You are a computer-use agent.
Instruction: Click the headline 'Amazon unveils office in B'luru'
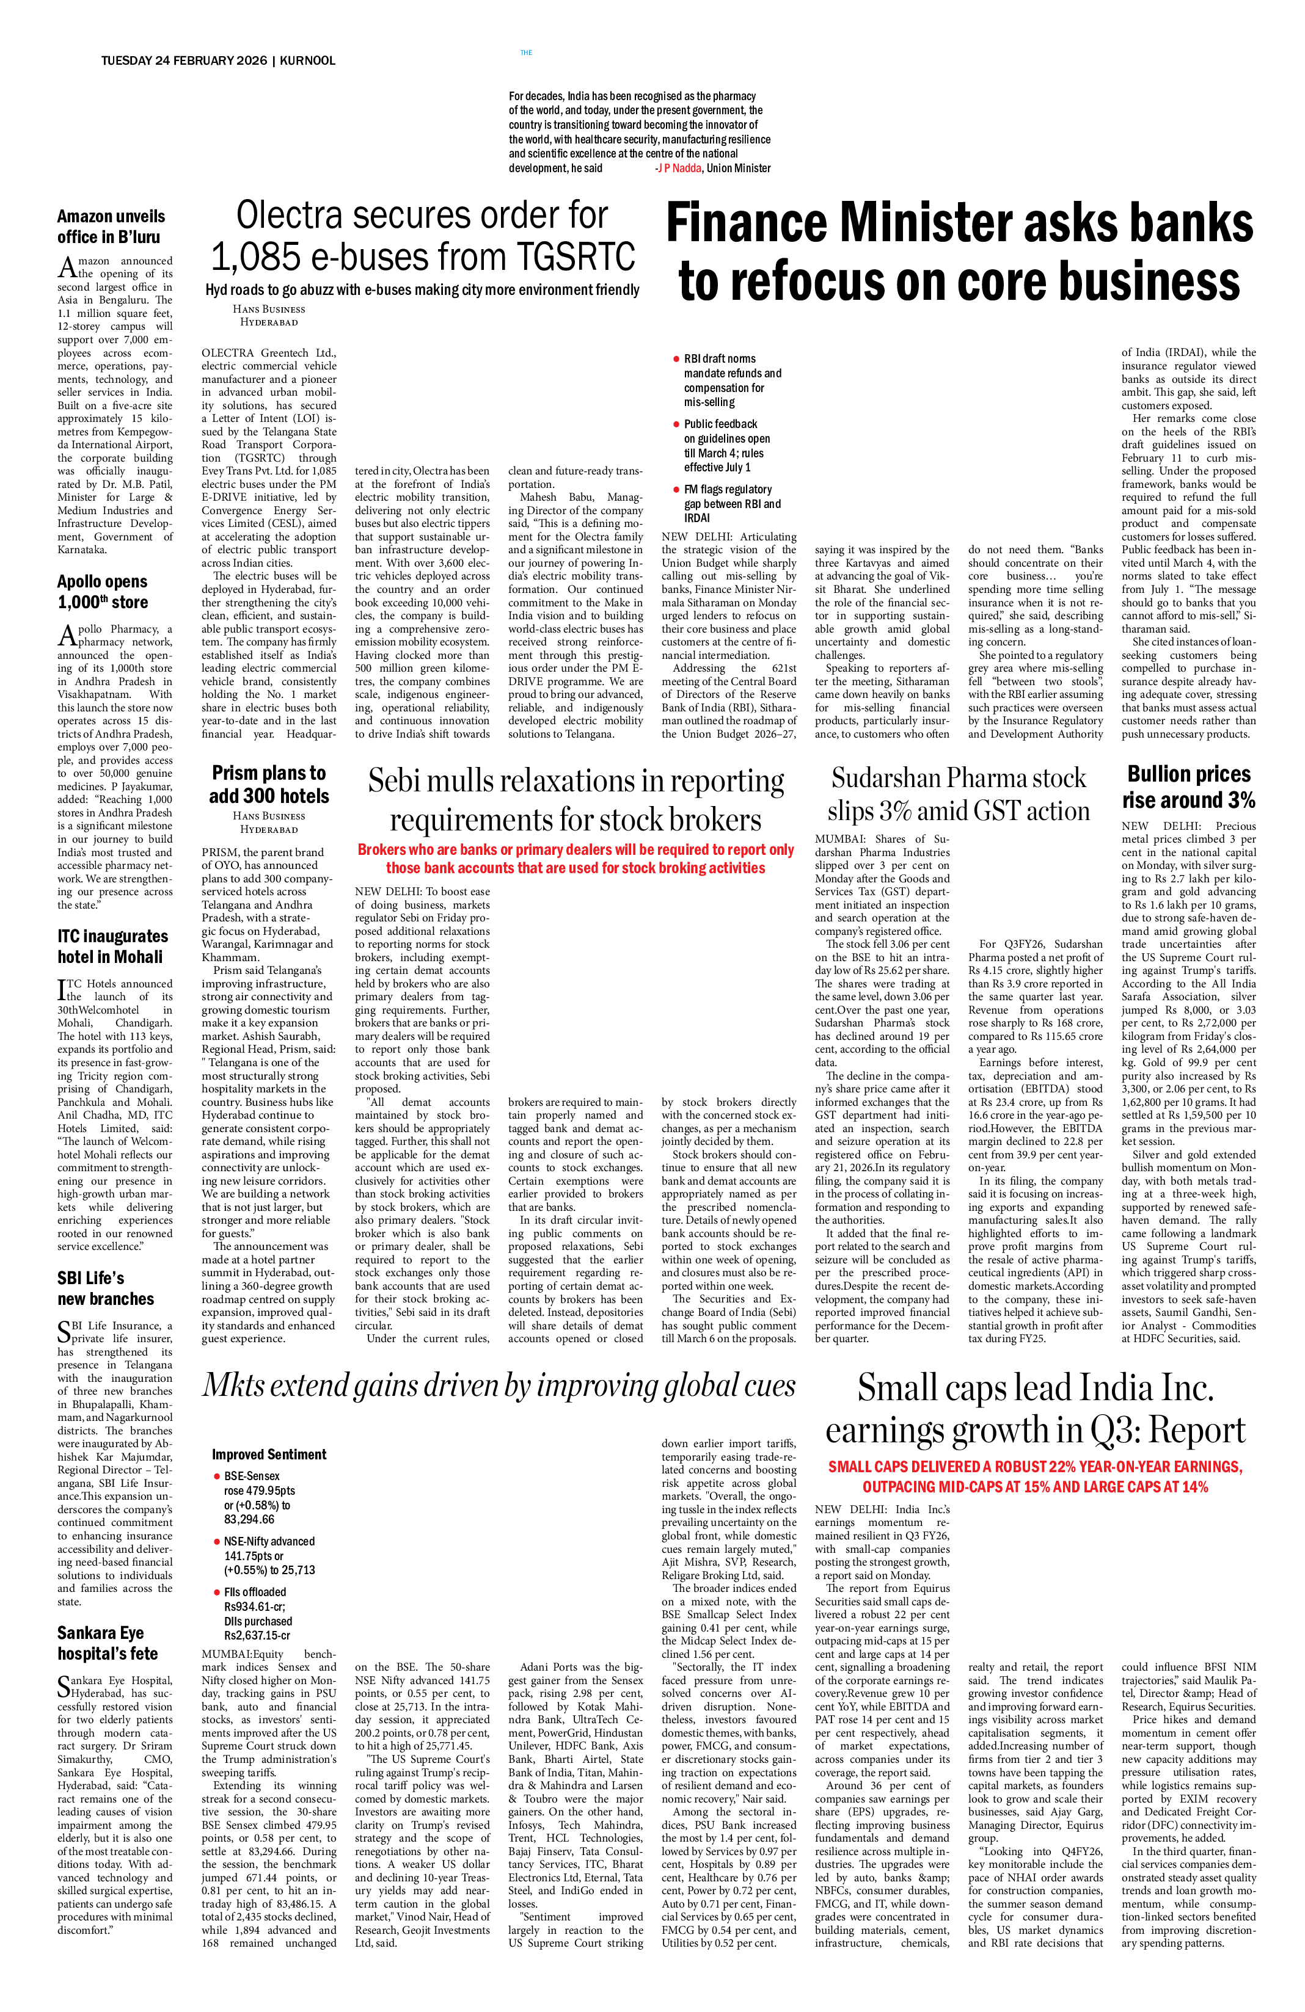[110, 227]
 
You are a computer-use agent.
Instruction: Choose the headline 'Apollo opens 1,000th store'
[103, 592]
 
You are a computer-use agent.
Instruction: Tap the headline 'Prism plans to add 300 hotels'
[269, 785]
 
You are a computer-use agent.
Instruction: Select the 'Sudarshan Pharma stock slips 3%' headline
[958, 794]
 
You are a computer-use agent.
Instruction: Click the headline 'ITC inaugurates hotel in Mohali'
[112, 946]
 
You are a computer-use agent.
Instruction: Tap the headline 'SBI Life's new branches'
[106, 1288]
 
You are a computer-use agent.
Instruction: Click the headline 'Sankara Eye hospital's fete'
[108, 1643]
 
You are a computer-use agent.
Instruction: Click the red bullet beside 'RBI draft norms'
[676, 359]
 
